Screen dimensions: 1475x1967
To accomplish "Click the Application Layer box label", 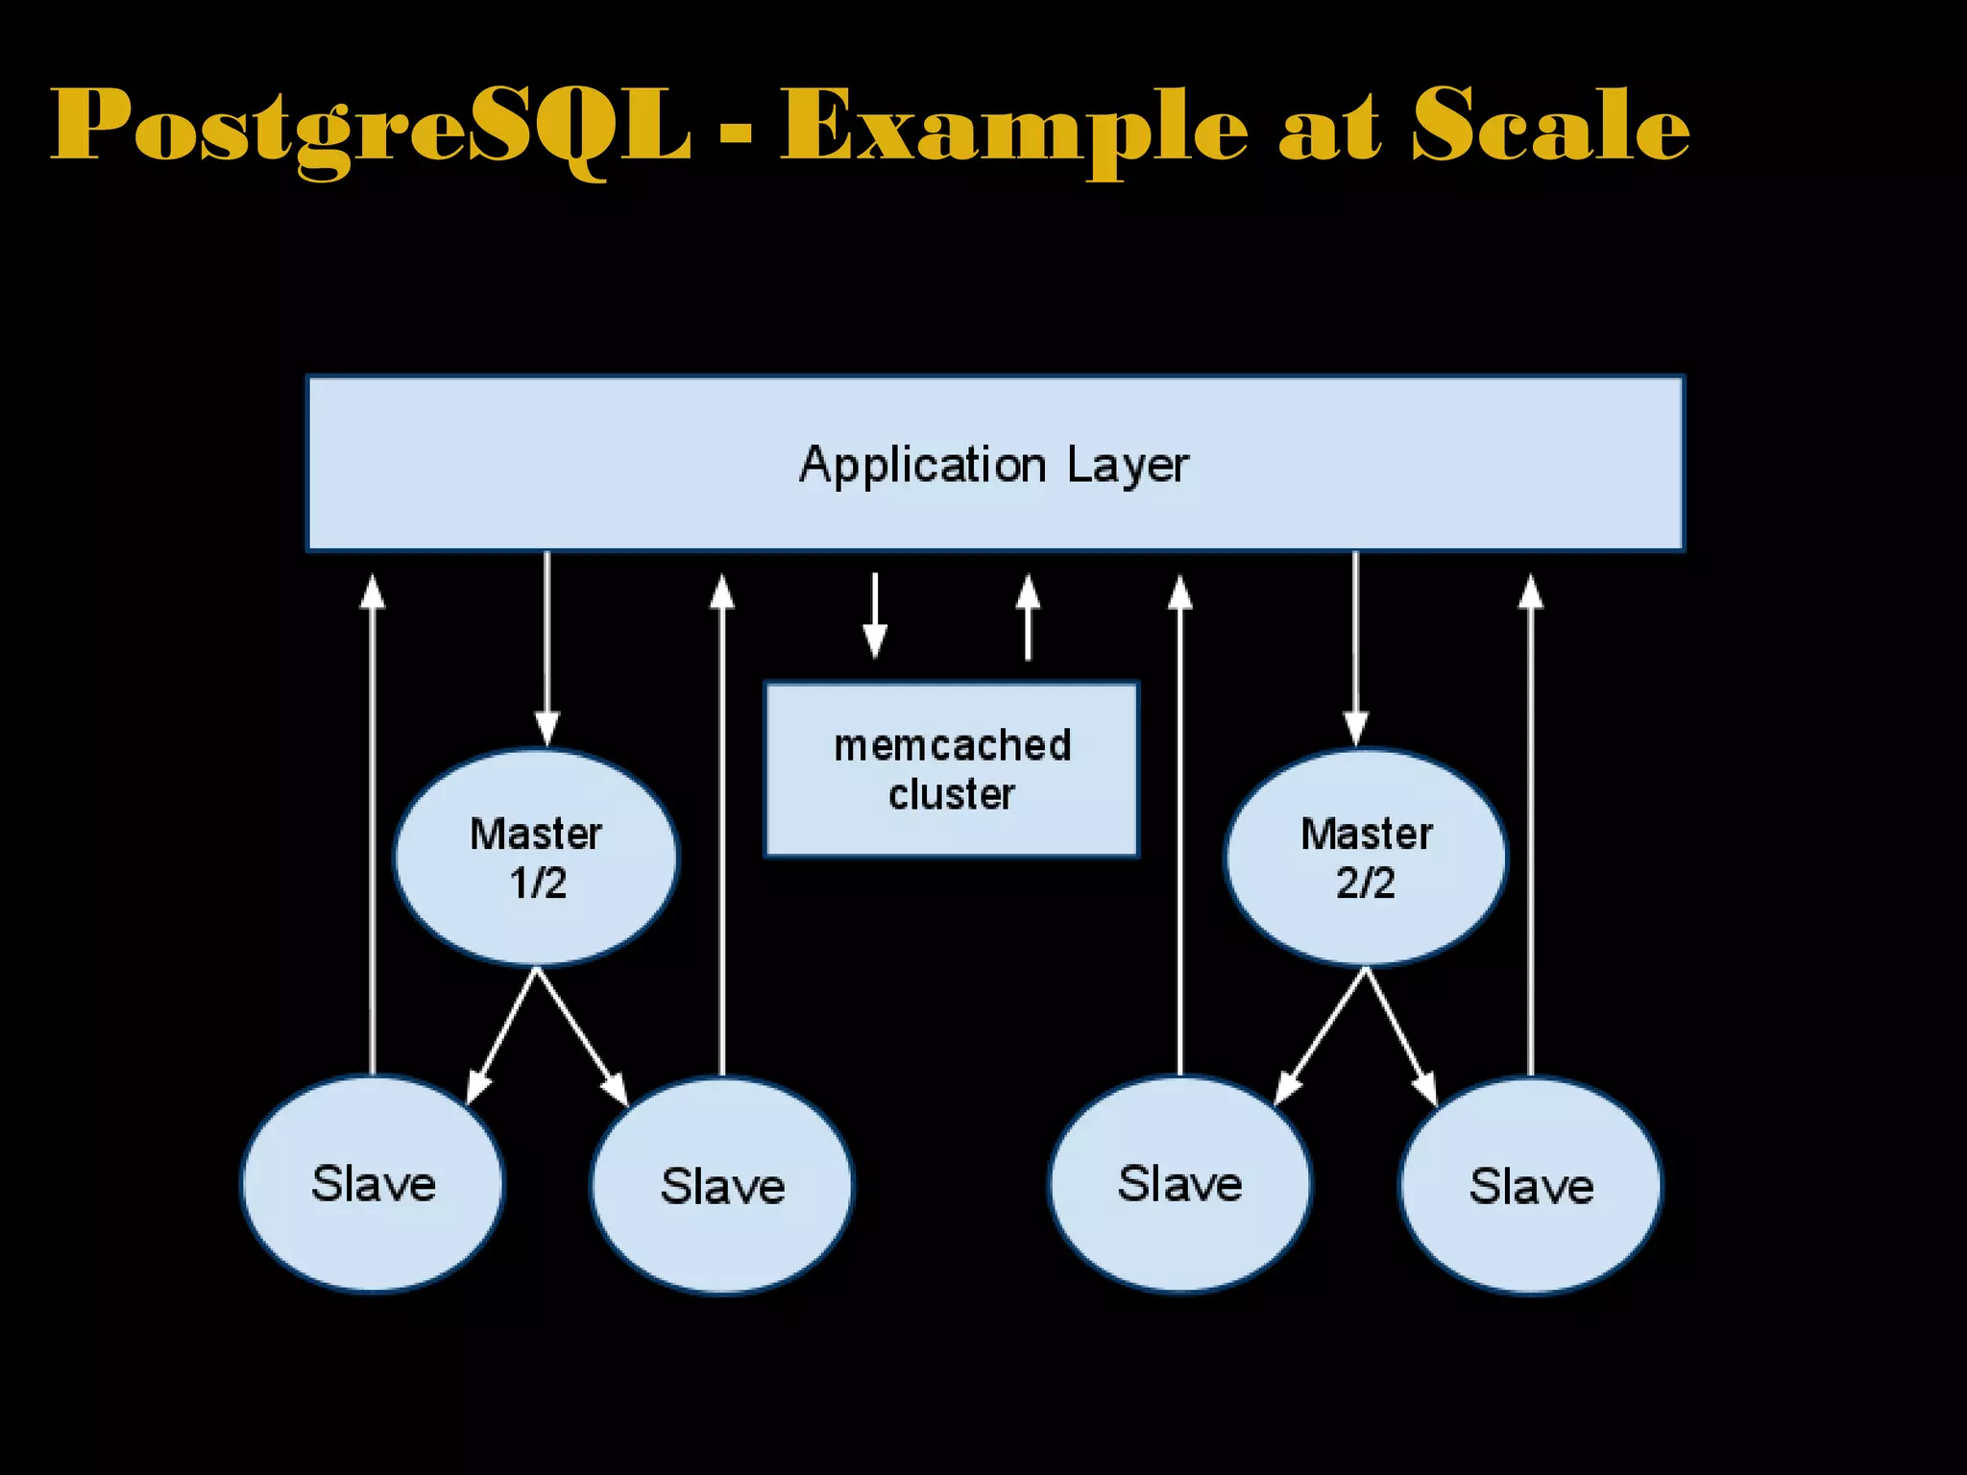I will tap(994, 465).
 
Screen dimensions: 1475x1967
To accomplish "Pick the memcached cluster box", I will tap(951, 769).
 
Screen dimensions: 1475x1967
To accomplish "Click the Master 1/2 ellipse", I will tap(536, 858).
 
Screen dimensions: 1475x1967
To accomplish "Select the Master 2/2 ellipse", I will tap(1366, 858).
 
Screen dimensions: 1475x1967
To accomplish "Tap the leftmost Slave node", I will tap(373, 1184).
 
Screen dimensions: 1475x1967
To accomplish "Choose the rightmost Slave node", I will tap(1531, 1186).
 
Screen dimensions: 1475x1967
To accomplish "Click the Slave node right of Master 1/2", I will tap(722, 1186).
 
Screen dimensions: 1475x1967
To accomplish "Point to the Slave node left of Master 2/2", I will tap(1179, 1184).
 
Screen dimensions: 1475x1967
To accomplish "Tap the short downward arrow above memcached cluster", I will tap(875, 616).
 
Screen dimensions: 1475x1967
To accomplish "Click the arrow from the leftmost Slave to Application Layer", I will tap(373, 826).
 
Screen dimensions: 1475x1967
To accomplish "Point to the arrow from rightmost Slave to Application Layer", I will tap(1531, 826).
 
